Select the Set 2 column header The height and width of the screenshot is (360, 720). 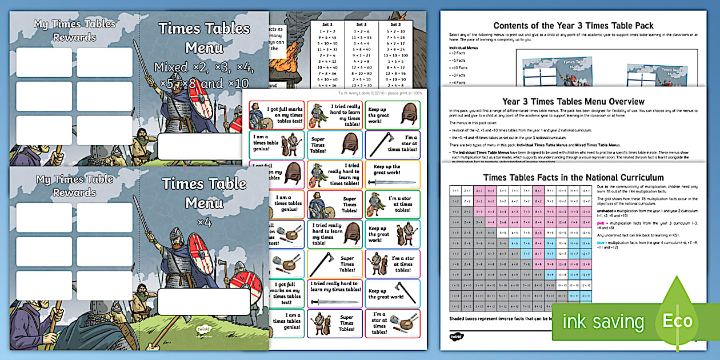click(362, 25)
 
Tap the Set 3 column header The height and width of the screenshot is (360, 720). click(395, 25)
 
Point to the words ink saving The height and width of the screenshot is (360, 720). click(603, 322)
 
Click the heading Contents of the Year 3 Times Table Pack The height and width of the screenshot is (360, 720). click(573, 26)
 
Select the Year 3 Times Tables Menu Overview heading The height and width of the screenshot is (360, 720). click(573, 102)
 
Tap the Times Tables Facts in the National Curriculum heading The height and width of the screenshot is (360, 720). click(573, 178)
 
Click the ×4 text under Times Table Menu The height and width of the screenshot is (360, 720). click(204, 222)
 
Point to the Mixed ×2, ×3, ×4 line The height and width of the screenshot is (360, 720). click(204, 67)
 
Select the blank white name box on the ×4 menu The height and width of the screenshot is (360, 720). click(204, 301)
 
